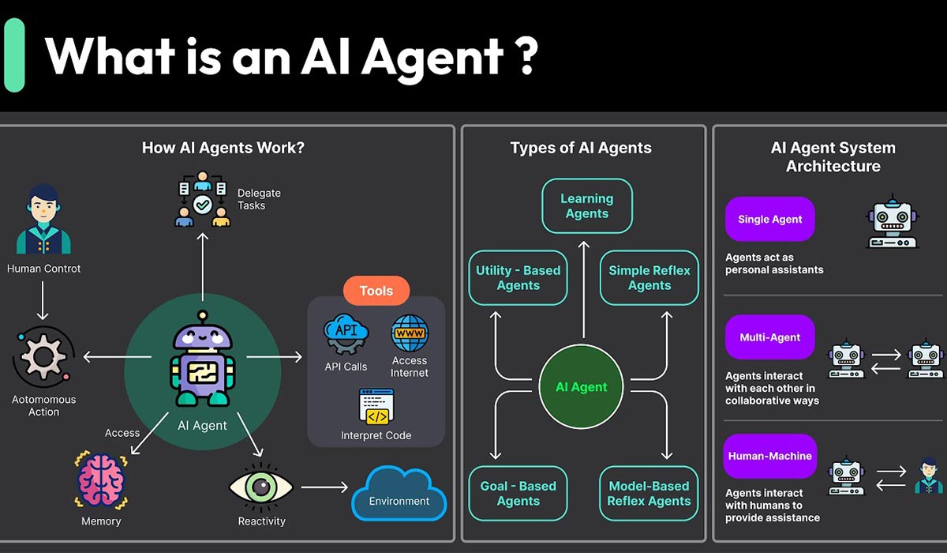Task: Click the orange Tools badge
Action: pos(376,291)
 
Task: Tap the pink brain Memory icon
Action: pos(101,480)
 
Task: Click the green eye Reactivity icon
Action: pos(261,487)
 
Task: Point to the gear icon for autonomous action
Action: pos(43,357)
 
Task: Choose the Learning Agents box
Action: pos(586,206)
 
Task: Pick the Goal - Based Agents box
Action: pos(518,494)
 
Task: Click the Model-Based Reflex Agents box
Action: pos(649,494)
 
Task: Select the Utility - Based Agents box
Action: pos(518,278)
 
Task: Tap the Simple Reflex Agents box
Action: pos(649,278)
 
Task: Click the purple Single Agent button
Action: pos(769,220)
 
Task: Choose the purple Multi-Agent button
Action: pos(769,337)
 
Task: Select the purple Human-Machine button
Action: pos(769,456)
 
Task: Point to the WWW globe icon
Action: pos(410,333)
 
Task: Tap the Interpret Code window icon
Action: pos(376,407)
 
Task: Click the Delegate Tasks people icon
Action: pos(202,198)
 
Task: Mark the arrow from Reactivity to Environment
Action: pos(324,487)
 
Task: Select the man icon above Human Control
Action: pos(43,219)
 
